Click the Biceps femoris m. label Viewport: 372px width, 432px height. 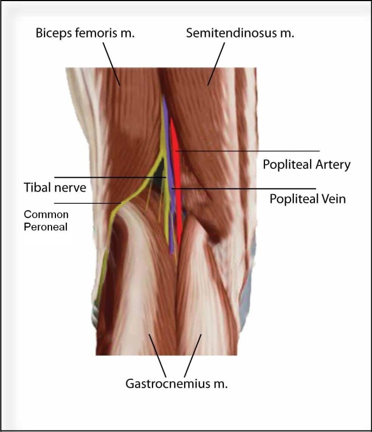[x=85, y=33]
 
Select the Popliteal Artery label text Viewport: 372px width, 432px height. [x=307, y=164]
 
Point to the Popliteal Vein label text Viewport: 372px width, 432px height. [x=307, y=199]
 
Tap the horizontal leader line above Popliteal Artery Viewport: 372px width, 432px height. [x=250, y=151]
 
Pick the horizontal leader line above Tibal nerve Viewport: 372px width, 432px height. [x=109, y=177]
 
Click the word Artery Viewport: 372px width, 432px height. [x=333, y=164]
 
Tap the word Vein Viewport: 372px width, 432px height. [x=335, y=199]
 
